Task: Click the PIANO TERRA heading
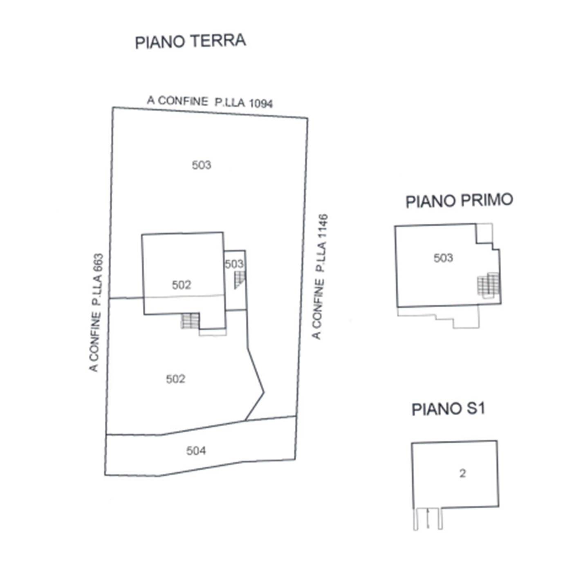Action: coord(190,41)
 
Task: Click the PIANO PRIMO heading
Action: coord(459,201)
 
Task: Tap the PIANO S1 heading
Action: coord(448,409)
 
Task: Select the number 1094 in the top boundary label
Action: coord(261,103)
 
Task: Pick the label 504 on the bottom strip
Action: coord(196,450)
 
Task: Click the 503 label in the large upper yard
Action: coord(201,165)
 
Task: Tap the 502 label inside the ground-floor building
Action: coord(181,285)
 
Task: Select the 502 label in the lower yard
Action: coord(176,379)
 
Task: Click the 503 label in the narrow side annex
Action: coord(234,264)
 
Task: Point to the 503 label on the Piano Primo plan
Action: coord(443,258)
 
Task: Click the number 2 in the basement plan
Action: coord(462,473)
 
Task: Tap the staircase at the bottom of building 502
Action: coord(190,321)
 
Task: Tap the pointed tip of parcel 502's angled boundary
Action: coord(264,392)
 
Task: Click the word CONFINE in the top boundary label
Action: coord(182,101)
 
